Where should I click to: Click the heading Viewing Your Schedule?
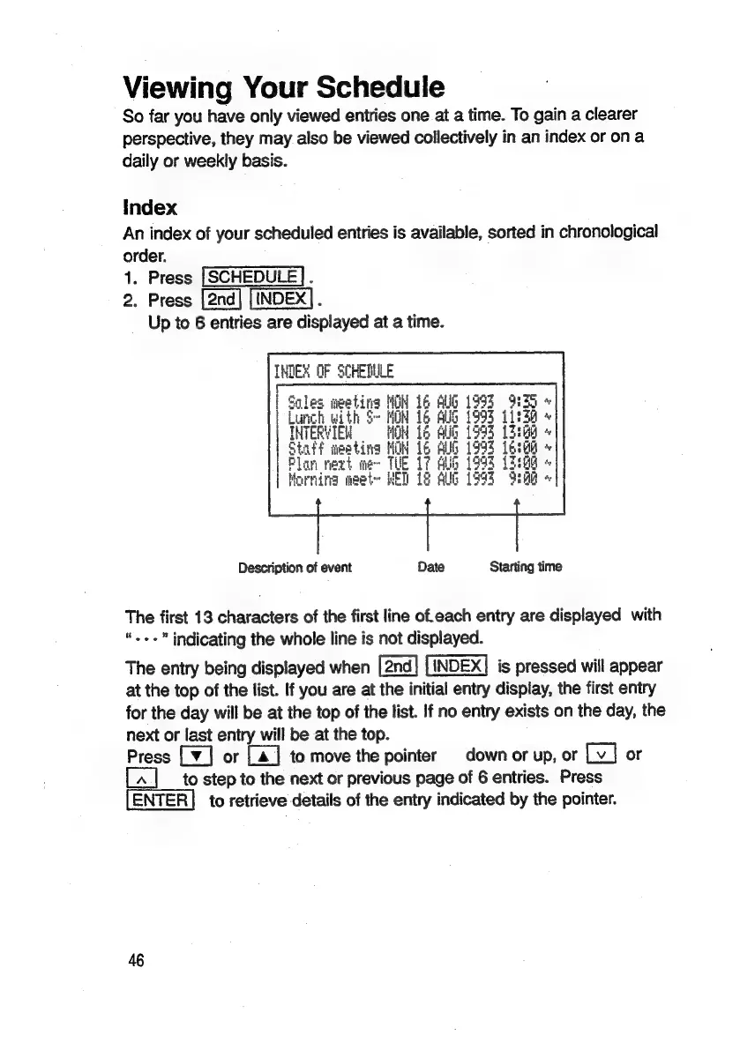(284, 87)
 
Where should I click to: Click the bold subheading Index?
(150, 208)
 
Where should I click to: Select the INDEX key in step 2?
(280, 300)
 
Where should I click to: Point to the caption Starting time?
(525, 567)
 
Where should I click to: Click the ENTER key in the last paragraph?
(161, 800)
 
